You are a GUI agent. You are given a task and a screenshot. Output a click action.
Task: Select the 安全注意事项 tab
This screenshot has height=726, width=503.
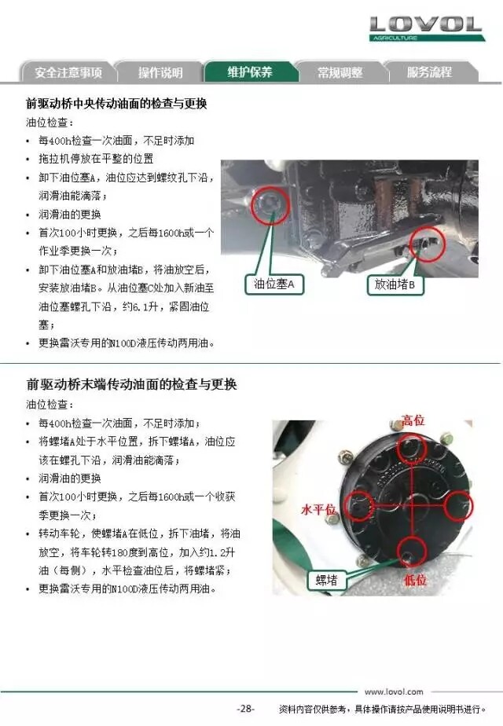(68, 72)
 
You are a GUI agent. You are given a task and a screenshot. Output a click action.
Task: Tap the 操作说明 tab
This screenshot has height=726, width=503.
(160, 72)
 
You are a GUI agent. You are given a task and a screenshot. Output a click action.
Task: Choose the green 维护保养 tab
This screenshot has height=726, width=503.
(250, 71)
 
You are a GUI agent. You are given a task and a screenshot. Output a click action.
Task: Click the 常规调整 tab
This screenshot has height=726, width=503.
(340, 72)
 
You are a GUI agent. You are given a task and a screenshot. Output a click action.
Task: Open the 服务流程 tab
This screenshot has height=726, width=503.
(429, 72)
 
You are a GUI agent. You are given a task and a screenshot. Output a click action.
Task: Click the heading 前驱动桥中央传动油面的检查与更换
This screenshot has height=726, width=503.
(116, 103)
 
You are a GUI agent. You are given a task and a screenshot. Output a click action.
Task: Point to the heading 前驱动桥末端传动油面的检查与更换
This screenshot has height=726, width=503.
(131, 384)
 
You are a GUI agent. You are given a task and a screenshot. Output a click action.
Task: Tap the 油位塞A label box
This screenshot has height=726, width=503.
(274, 284)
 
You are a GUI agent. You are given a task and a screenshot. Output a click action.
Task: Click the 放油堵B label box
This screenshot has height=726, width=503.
(395, 284)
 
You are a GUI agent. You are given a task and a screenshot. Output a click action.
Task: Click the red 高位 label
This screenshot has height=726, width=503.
(413, 421)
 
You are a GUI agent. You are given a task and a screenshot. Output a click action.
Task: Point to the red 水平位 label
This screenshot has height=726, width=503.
(318, 510)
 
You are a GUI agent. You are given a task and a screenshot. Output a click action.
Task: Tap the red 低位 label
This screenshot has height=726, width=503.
(414, 579)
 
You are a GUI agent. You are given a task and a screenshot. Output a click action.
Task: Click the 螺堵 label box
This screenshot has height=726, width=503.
(326, 580)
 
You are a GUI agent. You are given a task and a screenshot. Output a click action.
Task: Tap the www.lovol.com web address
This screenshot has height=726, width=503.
(394, 691)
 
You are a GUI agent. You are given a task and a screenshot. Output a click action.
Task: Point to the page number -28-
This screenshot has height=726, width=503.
(245, 709)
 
